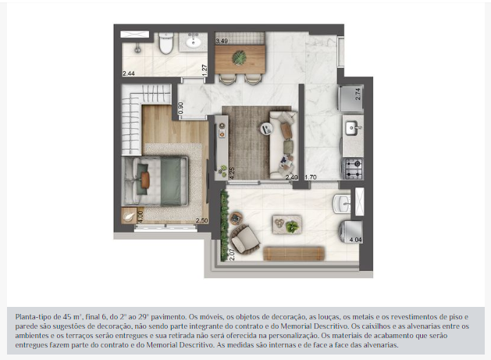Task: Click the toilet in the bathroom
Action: click(166, 43)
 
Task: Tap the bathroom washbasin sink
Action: click(193, 41)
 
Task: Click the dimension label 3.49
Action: click(222, 41)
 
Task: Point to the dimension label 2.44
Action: click(129, 73)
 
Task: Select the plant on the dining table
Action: click(239, 58)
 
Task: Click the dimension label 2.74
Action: click(358, 94)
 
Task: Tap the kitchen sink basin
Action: click(351, 128)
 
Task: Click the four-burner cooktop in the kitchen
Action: click(354, 168)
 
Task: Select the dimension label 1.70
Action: click(311, 177)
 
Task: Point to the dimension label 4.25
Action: click(232, 173)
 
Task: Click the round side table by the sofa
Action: click(266, 128)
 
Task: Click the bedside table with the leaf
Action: click(129, 216)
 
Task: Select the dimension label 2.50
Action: click(202, 220)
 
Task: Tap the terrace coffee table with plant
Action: click(287, 224)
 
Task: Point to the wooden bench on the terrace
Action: click(294, 254)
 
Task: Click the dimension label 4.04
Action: click(356, 240)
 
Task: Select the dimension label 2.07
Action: click(232, 255)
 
